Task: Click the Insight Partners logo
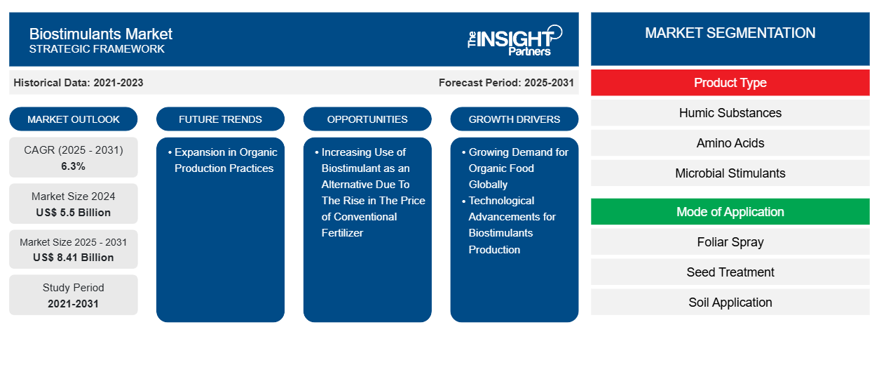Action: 515,40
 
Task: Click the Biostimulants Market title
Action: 101,34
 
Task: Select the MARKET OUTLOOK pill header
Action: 74,119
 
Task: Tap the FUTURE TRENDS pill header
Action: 220,119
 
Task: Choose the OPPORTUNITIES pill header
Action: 367,119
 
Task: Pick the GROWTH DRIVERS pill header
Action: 515,119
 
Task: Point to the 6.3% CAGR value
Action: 74,166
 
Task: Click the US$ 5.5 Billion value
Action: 74,213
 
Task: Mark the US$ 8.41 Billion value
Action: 74,258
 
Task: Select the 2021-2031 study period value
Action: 74,304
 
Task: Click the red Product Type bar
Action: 730,83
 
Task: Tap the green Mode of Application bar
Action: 730,212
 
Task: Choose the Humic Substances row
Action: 730,113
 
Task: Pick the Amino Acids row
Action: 730,143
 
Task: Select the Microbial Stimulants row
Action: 730,173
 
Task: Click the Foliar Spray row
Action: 730,242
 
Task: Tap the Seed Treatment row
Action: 730,272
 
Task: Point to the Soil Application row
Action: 730,303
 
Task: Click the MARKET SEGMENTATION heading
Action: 730,33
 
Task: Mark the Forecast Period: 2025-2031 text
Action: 506,83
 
